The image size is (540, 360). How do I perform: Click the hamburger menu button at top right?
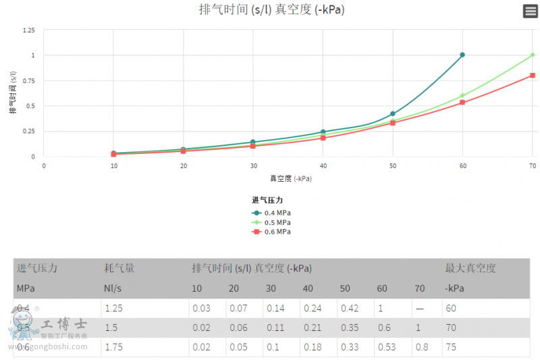point(531,11)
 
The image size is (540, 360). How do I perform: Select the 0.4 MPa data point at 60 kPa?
point(462,55)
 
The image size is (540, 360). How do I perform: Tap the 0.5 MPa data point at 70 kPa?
point(533,55)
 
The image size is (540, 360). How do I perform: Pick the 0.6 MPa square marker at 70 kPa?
point(533,75)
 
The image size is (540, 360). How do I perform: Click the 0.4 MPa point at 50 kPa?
point(393,113)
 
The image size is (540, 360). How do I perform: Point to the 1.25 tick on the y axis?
point(28,30)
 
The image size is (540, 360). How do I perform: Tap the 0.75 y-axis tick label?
point(28,80)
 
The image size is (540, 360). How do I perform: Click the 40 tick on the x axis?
point(323,165)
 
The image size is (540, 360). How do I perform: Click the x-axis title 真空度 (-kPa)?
point(290,178)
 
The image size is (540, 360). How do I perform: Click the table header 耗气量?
point(119,268)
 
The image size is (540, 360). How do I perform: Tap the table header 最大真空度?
point(470,268)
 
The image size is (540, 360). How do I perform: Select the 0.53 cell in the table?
point(385,347)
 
